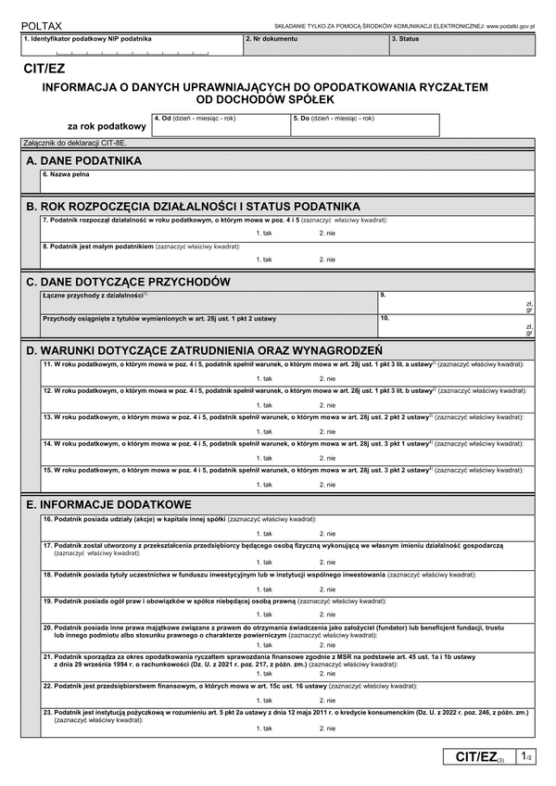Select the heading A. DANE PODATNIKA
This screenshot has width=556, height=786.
(84, 160)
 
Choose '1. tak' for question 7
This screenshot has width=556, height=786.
(264, 233)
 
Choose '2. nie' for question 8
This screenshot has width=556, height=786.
(327, 260)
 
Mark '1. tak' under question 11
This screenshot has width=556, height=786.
(264, 379)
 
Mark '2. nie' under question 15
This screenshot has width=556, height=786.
(327, 485)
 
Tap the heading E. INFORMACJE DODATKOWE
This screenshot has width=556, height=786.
(109, 504)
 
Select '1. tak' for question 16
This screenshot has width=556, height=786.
(264, 534)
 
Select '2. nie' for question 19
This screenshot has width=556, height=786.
(327, 615)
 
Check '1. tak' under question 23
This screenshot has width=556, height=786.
(264, 729)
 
